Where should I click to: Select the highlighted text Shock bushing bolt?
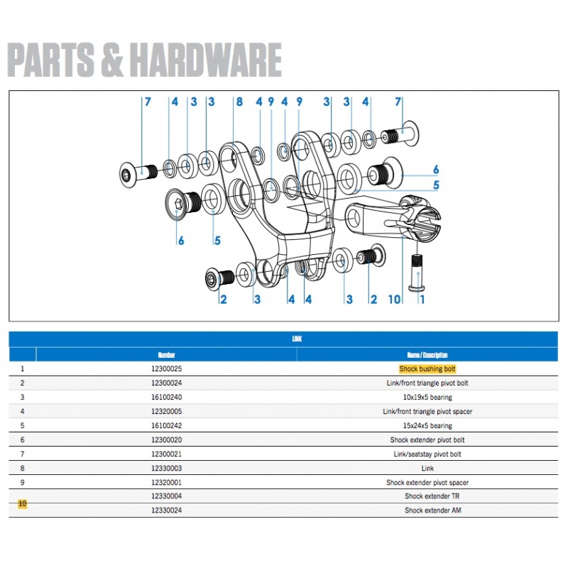click(427, 369)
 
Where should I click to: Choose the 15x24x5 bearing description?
click(427, 426)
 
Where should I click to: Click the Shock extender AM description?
click(427, 510)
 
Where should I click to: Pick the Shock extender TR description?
click(427, 496)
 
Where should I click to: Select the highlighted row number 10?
click(22, 503)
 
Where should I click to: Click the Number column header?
click(167, 355)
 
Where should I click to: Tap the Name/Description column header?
click(427, 355)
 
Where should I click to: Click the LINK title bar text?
click(297, 340)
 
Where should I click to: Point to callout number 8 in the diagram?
click(239, 102)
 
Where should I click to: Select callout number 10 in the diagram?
click(395, 300)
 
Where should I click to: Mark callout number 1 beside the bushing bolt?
click(422, 300)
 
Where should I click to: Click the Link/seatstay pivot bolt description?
click(427, 454)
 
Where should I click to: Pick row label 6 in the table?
click(22, 440)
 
